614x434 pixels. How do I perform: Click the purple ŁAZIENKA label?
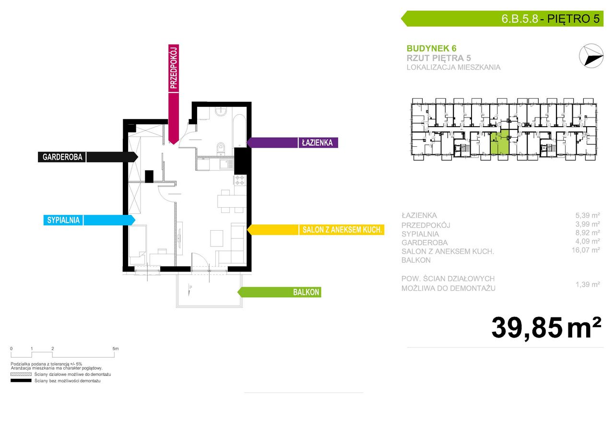(317, 143)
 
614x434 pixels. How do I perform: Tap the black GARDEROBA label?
(62, 157)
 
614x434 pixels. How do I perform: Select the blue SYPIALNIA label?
(63, 220)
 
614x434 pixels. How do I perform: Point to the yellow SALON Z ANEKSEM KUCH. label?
(342, 230)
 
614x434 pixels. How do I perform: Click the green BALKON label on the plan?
(306, 292)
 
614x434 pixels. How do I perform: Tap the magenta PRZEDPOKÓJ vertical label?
(174, 68)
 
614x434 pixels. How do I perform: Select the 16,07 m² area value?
(586, 250)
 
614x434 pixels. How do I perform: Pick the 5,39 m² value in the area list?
(588, 215)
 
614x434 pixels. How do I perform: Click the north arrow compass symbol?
(591, 56)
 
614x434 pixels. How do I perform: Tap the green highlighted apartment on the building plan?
(499, 143)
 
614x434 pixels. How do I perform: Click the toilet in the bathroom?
(221, 148)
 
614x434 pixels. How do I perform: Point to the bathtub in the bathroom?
(239, 131)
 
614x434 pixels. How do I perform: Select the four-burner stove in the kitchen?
(240, 180)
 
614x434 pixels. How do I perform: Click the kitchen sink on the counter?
(226, 164)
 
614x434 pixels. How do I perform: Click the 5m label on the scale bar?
(116, 349)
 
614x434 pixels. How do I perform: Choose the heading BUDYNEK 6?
(431, 48)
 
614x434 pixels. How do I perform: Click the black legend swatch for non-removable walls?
(21, 381)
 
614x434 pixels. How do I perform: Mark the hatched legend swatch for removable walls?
(21, 374)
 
